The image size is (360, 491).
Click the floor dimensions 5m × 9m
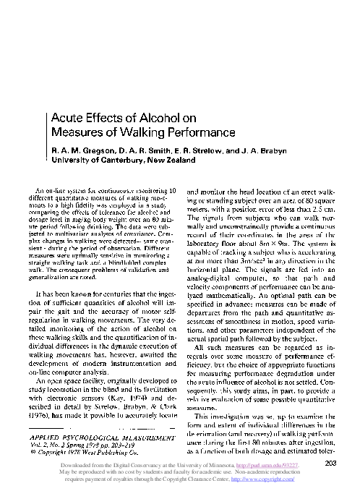tap(273, 247)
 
